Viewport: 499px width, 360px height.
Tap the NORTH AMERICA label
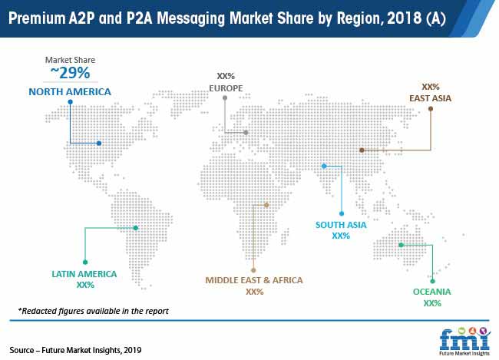pos(70,92)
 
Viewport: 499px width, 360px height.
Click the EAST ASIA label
pos(430,98)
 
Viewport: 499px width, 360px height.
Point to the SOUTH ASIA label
pos(341,225)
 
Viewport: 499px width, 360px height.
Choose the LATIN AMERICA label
pos(85,273)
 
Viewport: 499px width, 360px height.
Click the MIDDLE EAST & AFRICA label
pos(254,280)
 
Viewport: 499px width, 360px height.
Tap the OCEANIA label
pos(431,292)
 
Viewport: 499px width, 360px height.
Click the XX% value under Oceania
pos(431,303)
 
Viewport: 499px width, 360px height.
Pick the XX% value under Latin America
pos(85,285)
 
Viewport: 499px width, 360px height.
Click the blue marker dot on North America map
pos(99,143)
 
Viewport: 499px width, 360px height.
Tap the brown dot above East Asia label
pos(430,109)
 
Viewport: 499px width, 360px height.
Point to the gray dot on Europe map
pos(246,133)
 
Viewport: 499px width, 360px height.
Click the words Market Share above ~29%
pos(70,60)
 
